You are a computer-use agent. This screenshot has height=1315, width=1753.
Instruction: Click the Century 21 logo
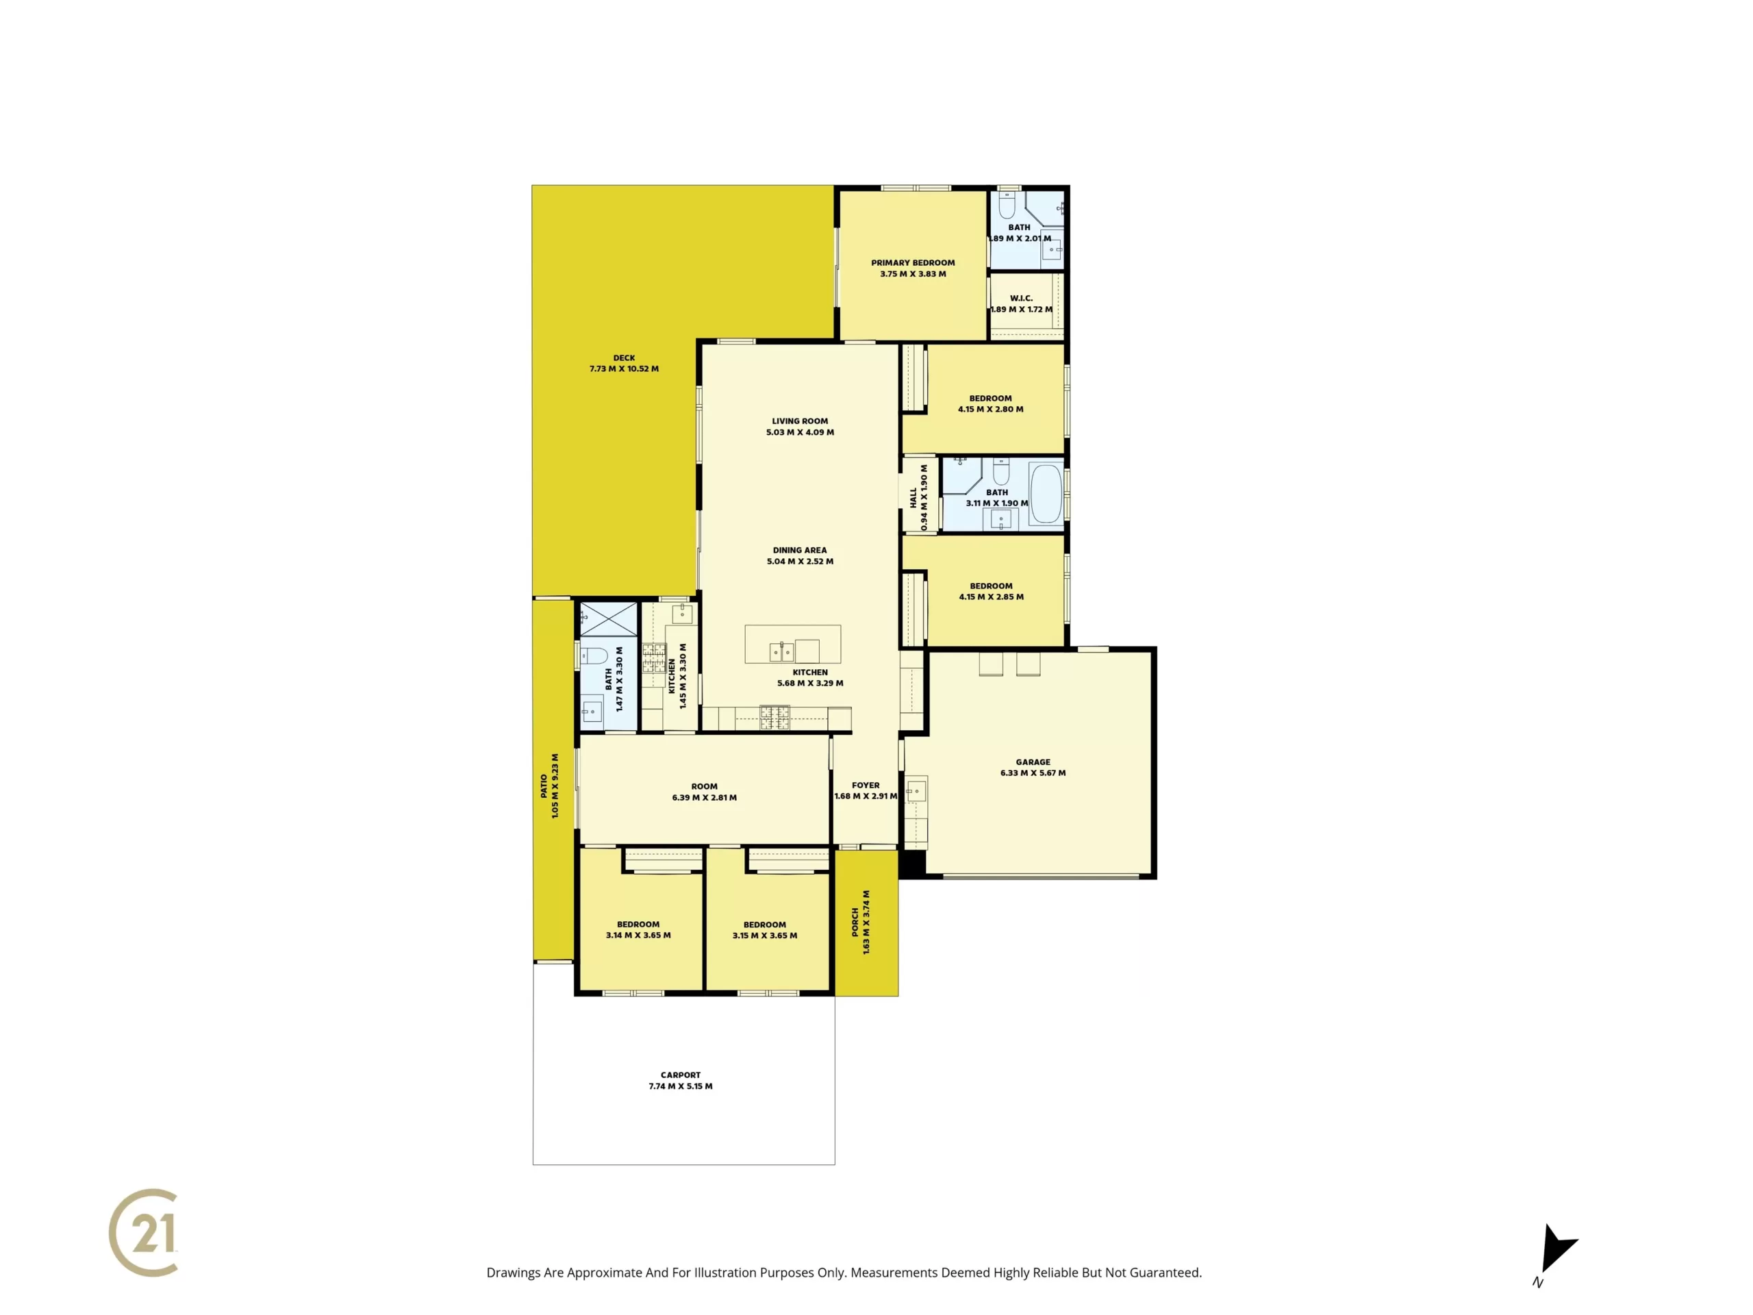pyautogui.click(x=143, y=1233)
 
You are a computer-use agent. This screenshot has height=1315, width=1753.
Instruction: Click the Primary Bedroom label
pyautogui.click(x=913, y=263)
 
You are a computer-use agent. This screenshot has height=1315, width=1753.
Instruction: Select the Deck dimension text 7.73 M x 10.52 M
pyautogui.click(x=624, y=368)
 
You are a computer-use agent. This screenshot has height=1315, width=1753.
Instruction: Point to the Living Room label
pyautogui.click(x=800, y=422)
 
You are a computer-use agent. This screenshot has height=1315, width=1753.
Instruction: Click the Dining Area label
pyautogui.click(x=800, y=550)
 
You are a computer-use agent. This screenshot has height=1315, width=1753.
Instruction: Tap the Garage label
pyautogui.click(x=1033, y=762)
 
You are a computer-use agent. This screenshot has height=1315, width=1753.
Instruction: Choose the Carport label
pyautogui.click(x=681, y=1075)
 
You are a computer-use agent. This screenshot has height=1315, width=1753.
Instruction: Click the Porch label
pyautogui.click(x=856, y=922)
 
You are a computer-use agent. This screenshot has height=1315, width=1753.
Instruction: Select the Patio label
pyautogui.click(x=544, y=786)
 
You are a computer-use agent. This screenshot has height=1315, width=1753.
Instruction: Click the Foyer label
pyautogui.click(x=866, y=786)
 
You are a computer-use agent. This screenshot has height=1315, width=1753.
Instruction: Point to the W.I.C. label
pyautogui.click(x=1022, y=299)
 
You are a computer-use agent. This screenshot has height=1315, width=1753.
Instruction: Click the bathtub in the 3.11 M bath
pyautogui.click(x=1046, y=494)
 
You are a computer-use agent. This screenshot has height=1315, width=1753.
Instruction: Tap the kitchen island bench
pyautogui.click(x=792, y=644)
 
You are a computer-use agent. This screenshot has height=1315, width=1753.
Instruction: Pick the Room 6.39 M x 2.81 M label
pyautogui.click(x=705, y=787)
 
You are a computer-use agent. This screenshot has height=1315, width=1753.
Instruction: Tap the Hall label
pyautogui.click(x=913, y=498)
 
